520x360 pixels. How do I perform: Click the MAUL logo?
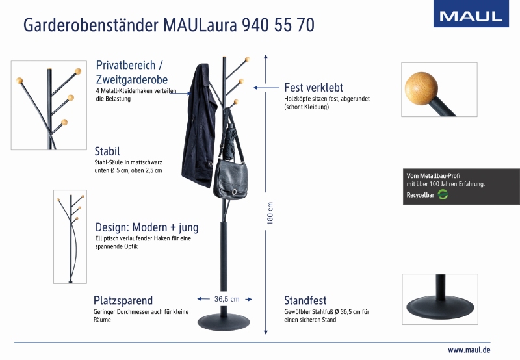coord(471,14)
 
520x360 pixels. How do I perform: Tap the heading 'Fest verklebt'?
coord(313,88)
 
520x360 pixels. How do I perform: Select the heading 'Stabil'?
coord(107,151)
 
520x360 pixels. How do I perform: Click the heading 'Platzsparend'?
coord(123,300)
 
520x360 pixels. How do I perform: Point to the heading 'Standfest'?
coord(305,300)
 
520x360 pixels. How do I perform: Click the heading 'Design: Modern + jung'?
coord(147,227)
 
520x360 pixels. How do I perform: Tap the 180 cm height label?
coord(270,213)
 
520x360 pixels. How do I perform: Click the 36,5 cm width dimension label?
coord(227,299)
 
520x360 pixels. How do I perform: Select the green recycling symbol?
coord(443,194)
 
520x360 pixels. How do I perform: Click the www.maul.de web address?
coord(469,350)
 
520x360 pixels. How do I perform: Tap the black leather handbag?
coord(231,179)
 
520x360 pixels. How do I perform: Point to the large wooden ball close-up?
coord(421,88)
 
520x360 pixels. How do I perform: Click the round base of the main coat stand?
coord(224,322)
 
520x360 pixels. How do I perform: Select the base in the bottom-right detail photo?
coord(441,307)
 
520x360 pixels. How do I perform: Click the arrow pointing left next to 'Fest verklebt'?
coord(266,88)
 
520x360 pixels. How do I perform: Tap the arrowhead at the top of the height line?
coord(266,57)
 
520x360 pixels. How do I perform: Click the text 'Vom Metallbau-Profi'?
coord(434,175)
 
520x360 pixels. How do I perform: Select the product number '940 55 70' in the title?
coord(278,25)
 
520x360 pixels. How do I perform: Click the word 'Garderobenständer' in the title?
coord(90,25)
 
